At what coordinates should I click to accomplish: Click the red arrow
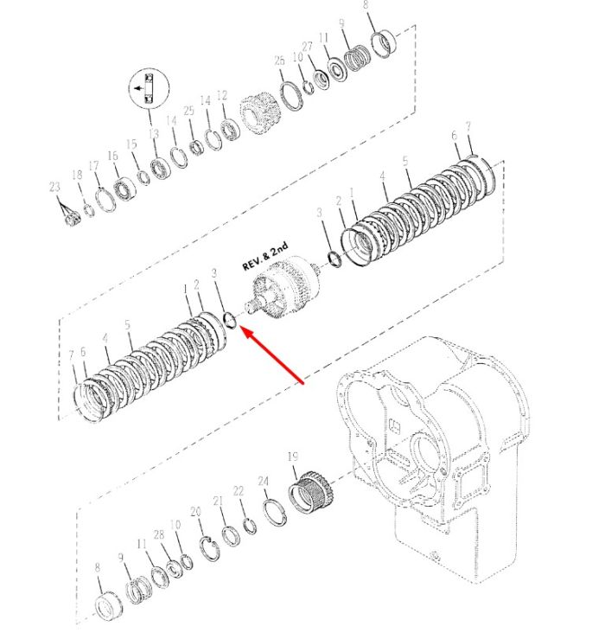click(x=272, y=355)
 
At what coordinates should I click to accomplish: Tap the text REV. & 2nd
click(x=265, y=256)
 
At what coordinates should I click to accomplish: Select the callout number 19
click(x=293, y=457)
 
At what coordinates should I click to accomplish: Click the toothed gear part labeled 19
click(x=311, y=492)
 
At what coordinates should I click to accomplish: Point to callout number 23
click(x=54, y=187)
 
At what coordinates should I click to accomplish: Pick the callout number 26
click(x=279, y=61)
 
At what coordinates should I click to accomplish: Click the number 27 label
click(x=307, y=47)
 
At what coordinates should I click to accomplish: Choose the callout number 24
click(x=264, y=482)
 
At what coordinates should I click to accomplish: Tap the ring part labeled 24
click(x=274, y=512)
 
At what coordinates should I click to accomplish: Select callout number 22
click(x=239, y=491)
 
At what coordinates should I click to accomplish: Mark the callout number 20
click(x=196, y=512)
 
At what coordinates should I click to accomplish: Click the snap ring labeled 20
click(x=210, y=548)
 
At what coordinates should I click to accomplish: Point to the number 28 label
click(x=159, y=535)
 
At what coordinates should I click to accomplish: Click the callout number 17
click(x=93, y=165)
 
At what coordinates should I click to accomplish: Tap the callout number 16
click(x=113, y=156)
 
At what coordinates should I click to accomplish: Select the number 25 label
click(x=188, y=111)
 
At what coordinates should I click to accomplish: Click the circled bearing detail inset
click(x=149, y=88)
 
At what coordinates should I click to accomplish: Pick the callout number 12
click(x=222, y=95)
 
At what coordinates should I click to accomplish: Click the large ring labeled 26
click(x=291, y=96)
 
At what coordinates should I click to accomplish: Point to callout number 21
click(x=219, y=501)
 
